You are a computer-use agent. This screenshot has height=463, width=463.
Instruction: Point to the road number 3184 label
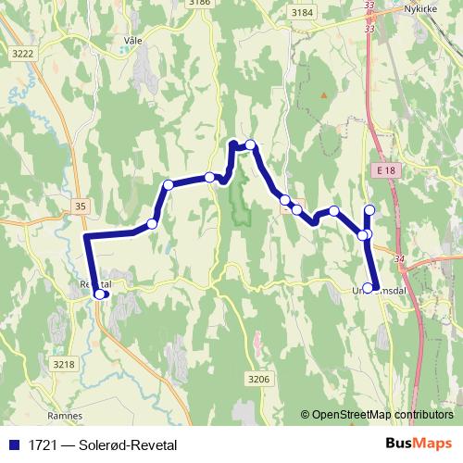tap(301, 12)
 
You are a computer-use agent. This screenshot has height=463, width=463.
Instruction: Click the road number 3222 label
tap(23, 54)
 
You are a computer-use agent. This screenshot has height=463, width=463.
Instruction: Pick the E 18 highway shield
tap(386, 170)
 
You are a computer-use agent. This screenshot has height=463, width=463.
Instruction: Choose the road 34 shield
tap(399, 259)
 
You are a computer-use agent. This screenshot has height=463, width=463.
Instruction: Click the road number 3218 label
tap(63, 364)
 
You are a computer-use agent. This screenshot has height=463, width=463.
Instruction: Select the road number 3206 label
tap(258, 379)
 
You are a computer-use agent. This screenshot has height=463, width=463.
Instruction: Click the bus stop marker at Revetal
tap(100, 294)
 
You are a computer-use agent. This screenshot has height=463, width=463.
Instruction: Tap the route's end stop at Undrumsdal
tap(369, 288)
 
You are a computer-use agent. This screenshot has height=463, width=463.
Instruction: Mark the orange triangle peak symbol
tap(323, 94)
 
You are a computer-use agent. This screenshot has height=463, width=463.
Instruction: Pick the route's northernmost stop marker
tap(250, 144)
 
